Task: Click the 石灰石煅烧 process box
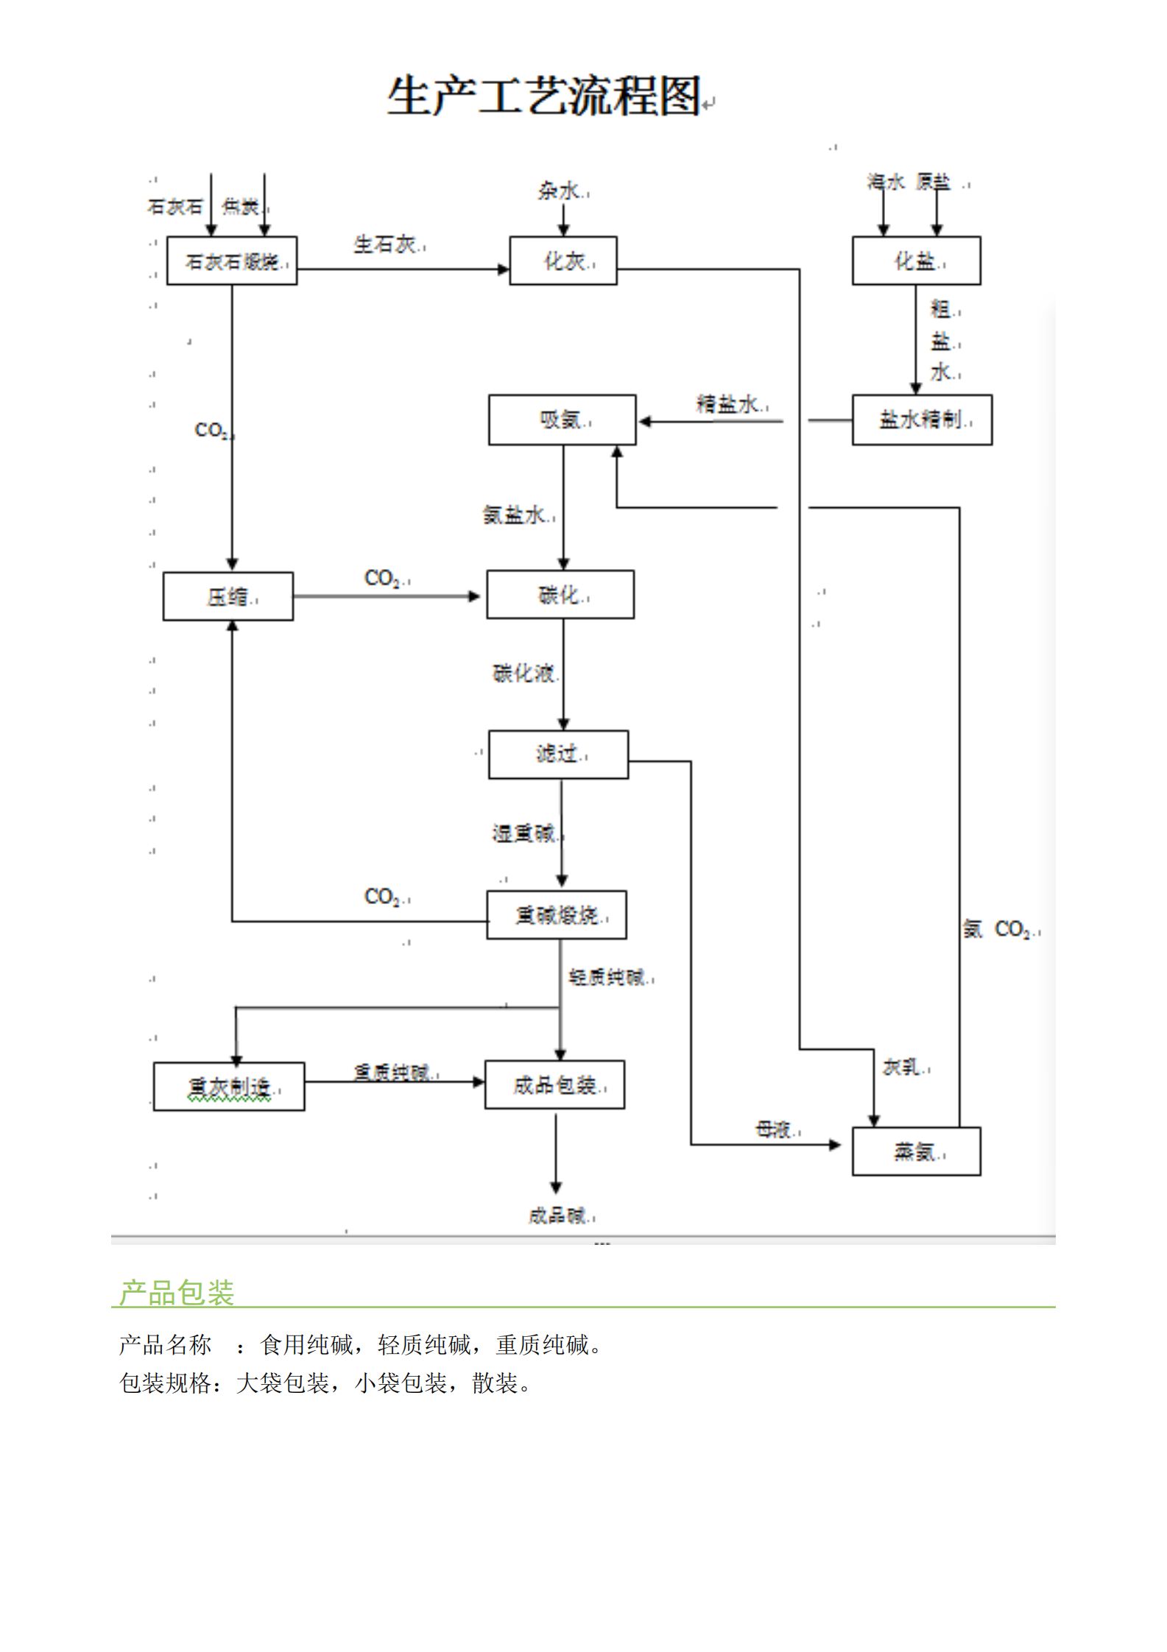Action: [x=232, y=261]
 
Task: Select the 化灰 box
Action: [x=563, y=261]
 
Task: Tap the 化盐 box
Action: [x=916, y=261]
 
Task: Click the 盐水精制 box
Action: [x=922, y=420]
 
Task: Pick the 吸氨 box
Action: [x=562, y=420]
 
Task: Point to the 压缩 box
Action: [x=228, y=596]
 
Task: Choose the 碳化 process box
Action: [x=560, y=594]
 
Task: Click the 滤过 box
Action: [x=558, y=754]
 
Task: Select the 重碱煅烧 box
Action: [x=557, y=915]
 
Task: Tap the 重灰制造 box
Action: [x=229, y=1087]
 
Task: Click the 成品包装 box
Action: [x=554, y=1084]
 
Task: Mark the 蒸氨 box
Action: [x=916, y=1151]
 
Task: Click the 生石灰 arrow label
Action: [x=385, y=244]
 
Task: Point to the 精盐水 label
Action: [x=728, y=403]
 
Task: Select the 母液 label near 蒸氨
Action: [x=774, y=1129]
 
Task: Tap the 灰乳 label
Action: [x=902, y=1067]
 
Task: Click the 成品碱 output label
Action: [x=557, y=1215]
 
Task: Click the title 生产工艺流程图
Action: [x=544, y=96]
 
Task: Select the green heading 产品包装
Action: [x=177, y=1293]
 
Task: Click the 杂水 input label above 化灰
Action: [x=559, y=191]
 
